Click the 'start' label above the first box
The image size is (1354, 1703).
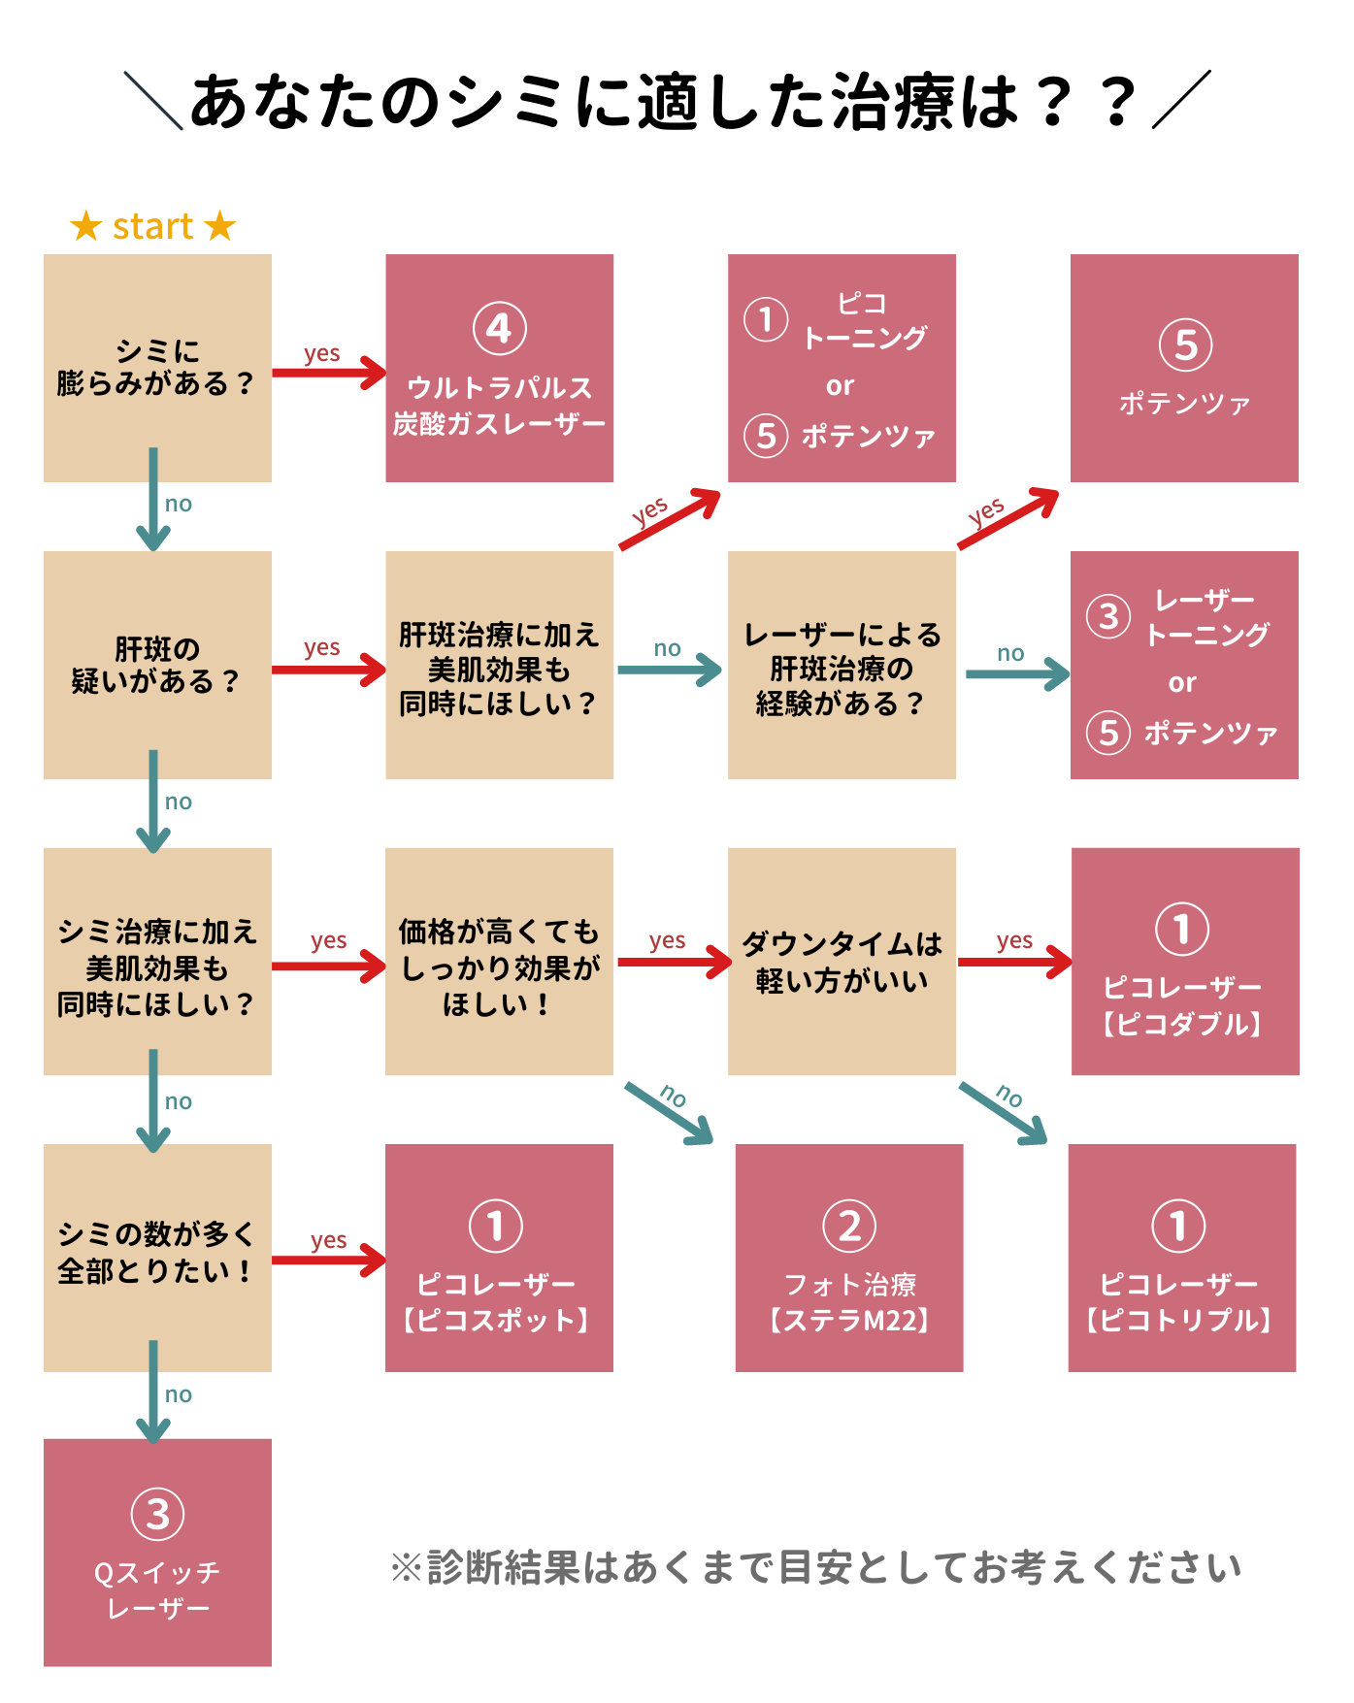[x=152, y=227]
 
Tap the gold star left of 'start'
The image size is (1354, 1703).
[x=86, y=226]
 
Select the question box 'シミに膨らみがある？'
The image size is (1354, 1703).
[x=156, y=368]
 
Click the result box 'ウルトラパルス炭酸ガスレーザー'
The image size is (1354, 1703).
[x=499, y=368]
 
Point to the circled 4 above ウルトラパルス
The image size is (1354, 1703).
[x=499, y=329]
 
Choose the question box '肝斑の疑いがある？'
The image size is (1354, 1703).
[x=156, y=666]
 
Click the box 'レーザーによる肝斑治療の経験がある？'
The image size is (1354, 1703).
[x=842, y=666]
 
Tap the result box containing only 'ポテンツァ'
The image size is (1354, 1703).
[x=1184, y=368]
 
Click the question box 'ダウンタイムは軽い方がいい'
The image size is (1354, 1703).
[x=842, y=962]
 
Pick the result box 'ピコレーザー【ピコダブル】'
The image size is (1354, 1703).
[x=1185, y=962]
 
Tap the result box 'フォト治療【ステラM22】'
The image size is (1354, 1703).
[x=848, y=1258]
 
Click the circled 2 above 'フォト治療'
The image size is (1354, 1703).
[x=848, y=1227]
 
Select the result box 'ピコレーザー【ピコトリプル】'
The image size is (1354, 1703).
[x=1181, y=1258]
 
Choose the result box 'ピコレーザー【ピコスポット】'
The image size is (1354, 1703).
[x=499, y=1258]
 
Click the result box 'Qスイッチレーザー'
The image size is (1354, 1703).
[x=156, y=1553]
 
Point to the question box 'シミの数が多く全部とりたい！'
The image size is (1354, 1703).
[x=156, y=1258]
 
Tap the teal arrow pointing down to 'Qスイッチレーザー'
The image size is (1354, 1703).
[x=153, y=1392]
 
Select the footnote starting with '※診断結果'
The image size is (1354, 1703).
[x=815, y=1567]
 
